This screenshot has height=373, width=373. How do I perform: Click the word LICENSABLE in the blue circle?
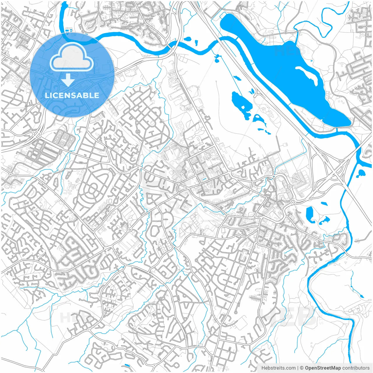(72, 95)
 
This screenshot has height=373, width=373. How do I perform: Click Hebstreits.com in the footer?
(278, 368)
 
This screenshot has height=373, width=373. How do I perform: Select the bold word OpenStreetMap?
(323, 368)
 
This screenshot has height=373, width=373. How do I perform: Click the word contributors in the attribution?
(356, 368)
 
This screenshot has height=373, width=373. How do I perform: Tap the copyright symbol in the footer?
(302, 368)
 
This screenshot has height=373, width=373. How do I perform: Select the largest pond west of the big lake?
(240, 103)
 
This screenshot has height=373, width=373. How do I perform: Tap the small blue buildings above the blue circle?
(69, 30)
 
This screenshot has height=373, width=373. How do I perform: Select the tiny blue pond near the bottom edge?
(126, 365)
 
